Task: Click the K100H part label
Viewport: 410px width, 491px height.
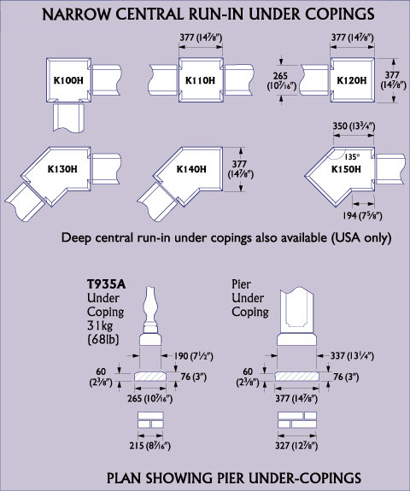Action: click(68, 80)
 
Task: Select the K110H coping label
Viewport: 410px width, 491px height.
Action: click(200, 80)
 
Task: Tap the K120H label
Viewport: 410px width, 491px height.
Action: click(351, 80)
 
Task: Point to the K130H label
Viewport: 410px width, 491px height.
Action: click(62, 169)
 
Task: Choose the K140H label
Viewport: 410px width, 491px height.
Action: click(191, 169)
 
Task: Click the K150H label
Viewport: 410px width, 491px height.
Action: click(346, 169)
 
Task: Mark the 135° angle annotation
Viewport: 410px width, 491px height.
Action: click(352, 157)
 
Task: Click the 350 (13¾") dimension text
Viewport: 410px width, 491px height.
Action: click(354, 126)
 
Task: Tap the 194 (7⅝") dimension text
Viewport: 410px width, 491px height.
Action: click(362, 215)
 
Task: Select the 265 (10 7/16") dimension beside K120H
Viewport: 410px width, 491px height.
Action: click(280, 80)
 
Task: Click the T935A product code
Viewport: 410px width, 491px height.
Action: click(106, 284)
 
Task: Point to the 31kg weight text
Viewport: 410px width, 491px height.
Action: click(100, 325)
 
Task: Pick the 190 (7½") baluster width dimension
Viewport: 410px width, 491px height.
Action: click(193, 356)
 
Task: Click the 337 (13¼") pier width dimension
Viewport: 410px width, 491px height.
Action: click(352, 356)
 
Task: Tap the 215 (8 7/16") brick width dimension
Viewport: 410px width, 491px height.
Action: click(149, 445)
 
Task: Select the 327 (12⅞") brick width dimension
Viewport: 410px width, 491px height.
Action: click(296, 445)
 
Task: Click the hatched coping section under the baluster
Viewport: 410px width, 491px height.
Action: click(150, 377)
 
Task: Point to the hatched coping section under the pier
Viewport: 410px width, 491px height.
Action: click(297, 377)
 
